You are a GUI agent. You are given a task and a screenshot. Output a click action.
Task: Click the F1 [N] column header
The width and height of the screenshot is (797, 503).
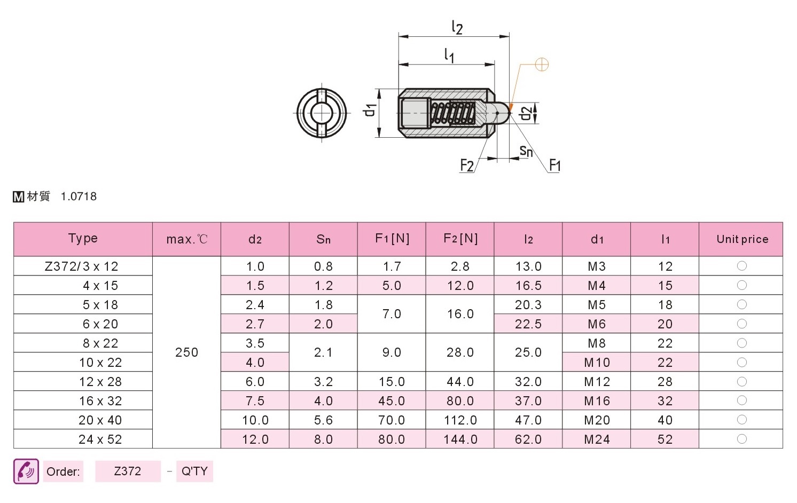point(392,239)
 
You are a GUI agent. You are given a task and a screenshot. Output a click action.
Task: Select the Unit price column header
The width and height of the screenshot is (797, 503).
point(743,239)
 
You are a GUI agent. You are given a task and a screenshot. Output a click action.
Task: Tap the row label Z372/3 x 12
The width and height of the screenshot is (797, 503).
point(82,266)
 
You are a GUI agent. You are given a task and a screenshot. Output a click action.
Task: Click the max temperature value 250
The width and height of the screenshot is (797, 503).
point(186,352)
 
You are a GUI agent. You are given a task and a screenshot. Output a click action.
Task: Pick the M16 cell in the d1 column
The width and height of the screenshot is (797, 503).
point(597,401)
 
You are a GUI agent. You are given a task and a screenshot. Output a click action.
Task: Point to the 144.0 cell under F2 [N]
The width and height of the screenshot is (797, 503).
point(460,439)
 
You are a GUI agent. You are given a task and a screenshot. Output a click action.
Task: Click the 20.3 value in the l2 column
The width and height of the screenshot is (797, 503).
point(528,304)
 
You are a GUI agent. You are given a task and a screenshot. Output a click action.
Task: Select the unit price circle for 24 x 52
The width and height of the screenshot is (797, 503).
point(742,439)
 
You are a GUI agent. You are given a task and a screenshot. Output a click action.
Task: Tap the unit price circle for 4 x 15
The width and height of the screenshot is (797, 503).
point(742,285)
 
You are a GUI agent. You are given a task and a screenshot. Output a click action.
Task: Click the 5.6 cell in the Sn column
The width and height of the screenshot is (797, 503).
point(323,420)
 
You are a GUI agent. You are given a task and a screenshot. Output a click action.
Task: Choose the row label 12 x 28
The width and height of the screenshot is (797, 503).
point(100,382)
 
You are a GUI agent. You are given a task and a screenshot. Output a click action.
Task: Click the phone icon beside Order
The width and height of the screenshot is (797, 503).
point(26,471)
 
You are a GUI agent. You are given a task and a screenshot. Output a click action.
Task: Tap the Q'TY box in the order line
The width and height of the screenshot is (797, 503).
point(194,471)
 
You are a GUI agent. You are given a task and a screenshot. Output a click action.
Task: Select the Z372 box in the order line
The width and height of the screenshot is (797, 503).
point(128,471)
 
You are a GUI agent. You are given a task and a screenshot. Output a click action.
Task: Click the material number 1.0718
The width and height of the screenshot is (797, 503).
point(79,197)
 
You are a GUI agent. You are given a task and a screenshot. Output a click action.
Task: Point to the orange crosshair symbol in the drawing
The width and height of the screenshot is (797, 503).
point(542,65)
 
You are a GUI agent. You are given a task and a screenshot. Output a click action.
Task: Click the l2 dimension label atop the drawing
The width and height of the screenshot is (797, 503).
point(457,27)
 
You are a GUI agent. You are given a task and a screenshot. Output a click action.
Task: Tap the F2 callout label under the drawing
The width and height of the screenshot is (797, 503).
point(467,166)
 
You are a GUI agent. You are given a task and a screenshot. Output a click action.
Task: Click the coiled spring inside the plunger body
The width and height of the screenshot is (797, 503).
point(452,113)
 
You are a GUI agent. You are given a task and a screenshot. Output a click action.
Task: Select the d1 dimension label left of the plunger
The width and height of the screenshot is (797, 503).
point(369,111)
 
